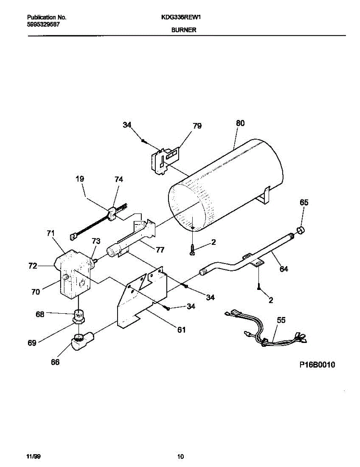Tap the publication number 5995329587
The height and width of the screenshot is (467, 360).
44,24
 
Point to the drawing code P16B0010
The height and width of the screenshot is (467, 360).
317,365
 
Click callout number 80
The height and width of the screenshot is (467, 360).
240,123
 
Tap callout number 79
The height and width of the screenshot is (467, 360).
197,126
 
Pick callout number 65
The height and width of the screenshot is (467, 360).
304,202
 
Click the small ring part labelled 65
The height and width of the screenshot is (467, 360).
301,230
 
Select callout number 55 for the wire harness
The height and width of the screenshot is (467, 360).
281,320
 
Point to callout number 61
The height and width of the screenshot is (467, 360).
181,330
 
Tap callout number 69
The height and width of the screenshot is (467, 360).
32,343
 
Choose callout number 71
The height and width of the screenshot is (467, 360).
50,233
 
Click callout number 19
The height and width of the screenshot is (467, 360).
80,179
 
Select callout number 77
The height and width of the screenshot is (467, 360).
160,250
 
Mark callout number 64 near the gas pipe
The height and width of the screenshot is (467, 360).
284,269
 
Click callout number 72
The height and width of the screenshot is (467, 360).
33,266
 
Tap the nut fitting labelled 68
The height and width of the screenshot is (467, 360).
79,315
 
